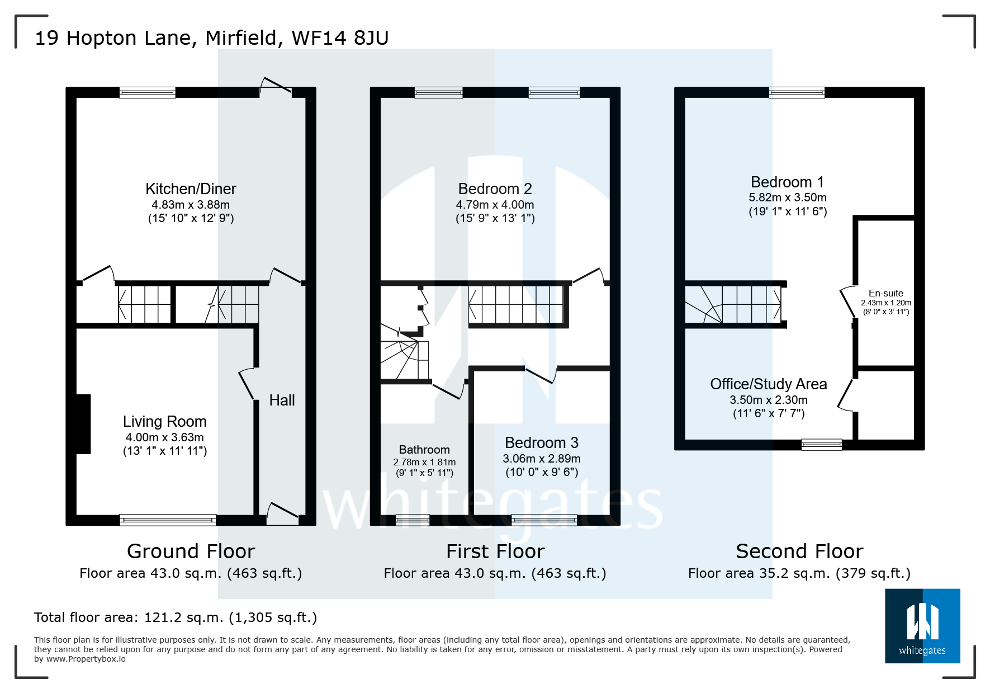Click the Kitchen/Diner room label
coord(191,189)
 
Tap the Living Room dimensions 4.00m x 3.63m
coord(164,437)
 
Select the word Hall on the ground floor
coord(282,400)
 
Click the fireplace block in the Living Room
coord(83,424)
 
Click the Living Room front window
coord(168,520)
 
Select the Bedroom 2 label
coord(495,189)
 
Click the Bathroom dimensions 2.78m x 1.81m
coord(424,462)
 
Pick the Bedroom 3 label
coord(541,443)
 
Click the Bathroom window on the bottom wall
coord(413,520)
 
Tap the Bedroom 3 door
coord(541,375)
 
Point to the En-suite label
coord(885,293)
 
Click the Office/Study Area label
coord(768,384)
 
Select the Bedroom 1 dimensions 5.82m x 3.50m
coord(787,197)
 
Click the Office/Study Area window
coord(821,445)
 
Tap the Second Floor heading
coord(799,551)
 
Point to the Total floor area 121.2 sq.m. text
coord(176,617)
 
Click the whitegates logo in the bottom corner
coord(922,626)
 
